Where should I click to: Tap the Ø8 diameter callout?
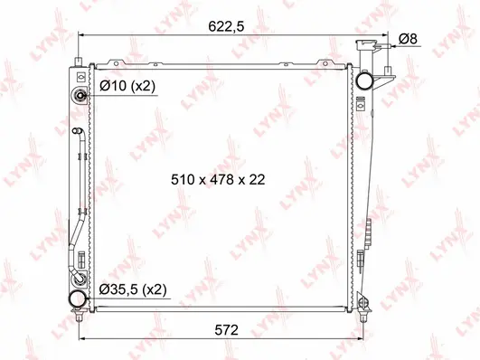point(408,39)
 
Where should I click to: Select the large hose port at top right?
point(366,80)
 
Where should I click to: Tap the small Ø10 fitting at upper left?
point(80,97)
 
